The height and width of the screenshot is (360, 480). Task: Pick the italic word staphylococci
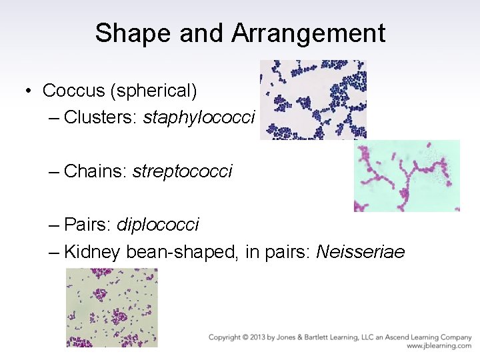(x=199, y=117)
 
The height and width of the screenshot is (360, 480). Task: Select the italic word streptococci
(x=182, y=171)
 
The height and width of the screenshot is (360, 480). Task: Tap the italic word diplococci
(x=157, y=224)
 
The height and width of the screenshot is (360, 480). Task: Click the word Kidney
(x=92, y=252)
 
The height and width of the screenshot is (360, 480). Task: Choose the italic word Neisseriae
(x=360, y=252)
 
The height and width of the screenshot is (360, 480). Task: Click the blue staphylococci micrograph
(x=313, y=99)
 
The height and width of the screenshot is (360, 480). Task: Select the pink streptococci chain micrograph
(x=407, y=176)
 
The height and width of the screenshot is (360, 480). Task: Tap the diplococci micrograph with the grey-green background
(x=112, y=307)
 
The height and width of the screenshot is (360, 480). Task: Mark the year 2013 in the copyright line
(x=261, y=337)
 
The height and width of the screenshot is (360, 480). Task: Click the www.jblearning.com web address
(x=439, y=346)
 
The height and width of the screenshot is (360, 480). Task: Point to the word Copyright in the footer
(x=225, y=337)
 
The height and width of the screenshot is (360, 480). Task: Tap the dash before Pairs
(x=54, y=225)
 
